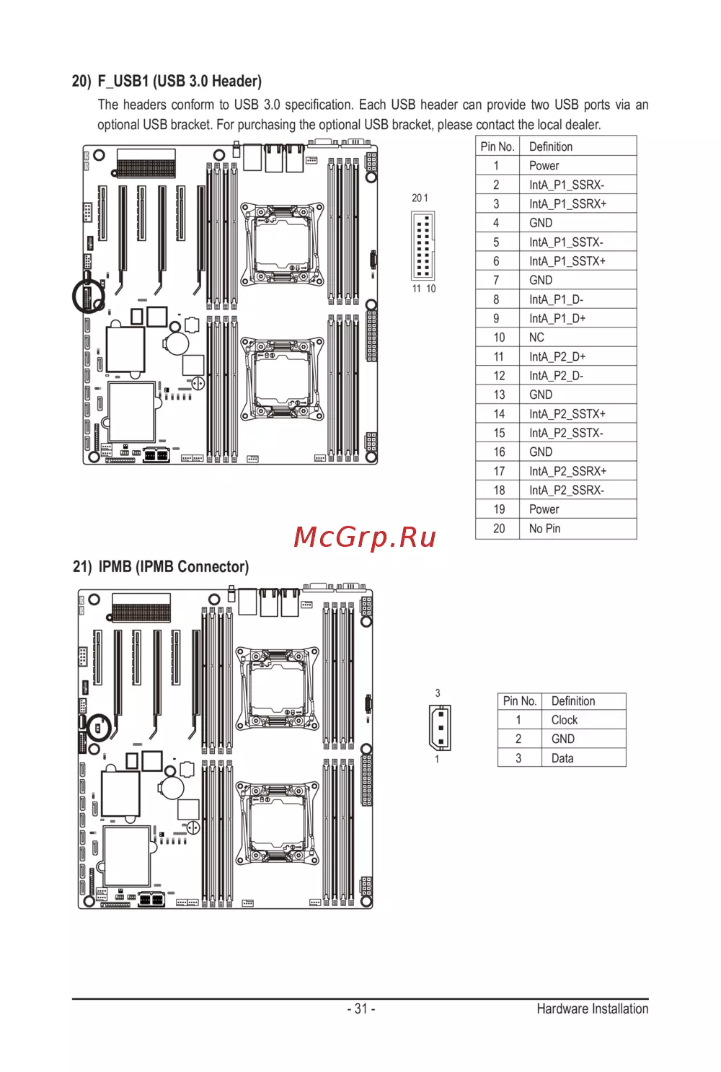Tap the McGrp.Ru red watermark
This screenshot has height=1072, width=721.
click(x=365, y=537)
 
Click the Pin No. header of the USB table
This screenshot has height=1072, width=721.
click(x=497, y=146)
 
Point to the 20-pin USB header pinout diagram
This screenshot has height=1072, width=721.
click(x=423, y=245)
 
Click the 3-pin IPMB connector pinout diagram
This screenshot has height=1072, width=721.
click(x=440, y=727)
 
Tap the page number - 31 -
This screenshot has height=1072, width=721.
click(x=360, y=1009)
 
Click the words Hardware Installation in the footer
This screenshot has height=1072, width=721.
click(x=592, y=1009)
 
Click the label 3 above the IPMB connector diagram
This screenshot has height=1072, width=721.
click(x=438, y=693)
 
